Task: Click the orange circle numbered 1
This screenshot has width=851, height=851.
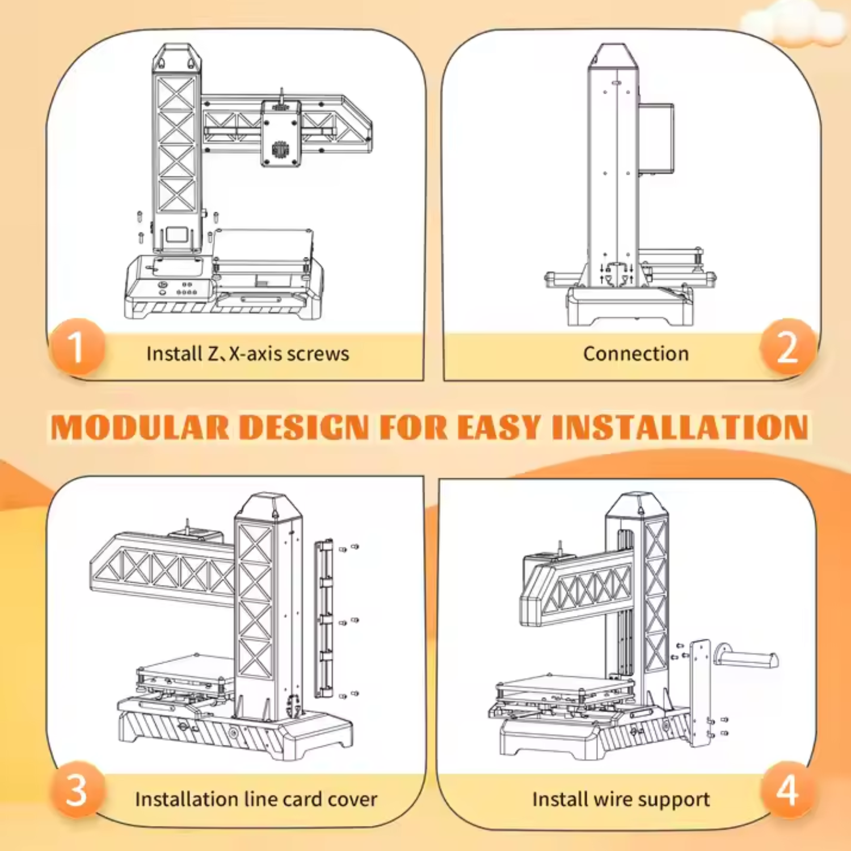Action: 77,347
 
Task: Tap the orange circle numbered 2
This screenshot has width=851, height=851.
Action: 787,347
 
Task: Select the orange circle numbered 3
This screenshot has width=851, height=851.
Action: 77,790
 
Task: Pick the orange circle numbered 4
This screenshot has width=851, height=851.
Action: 787,790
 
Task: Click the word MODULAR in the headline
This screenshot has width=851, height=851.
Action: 140,427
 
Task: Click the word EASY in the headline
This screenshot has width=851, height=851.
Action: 499,427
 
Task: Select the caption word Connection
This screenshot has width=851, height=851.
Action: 635,354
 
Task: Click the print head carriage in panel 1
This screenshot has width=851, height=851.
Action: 280,134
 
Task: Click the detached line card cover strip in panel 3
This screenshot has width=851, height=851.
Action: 324,618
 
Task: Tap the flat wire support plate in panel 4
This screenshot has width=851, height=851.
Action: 701,692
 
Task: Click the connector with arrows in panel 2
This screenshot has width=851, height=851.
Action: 616,273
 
